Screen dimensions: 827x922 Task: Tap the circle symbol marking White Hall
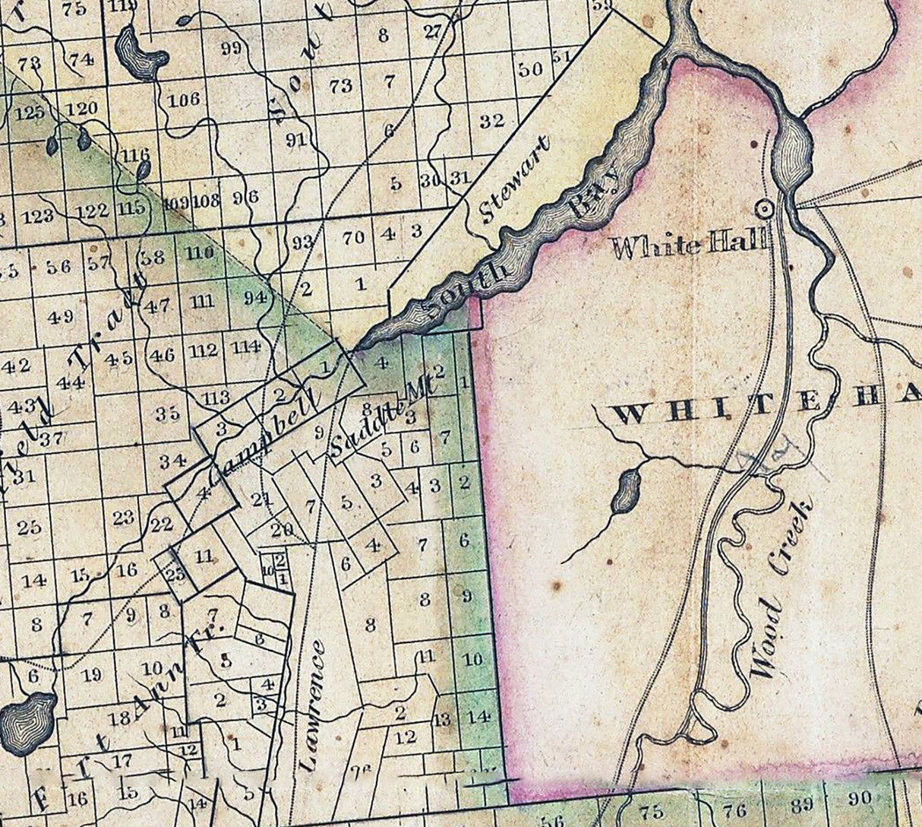pyautogui.click(x=765, y=208)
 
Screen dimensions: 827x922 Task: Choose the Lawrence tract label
pyautogui.click(x=314, y=706)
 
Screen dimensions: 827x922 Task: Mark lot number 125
pyautogui.click(x=30, y=113)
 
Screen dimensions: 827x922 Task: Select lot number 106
pyautogui.click(x=184, y=100)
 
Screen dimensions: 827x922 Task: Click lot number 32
pyautogui.click(x=492, y=120)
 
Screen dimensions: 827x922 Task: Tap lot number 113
pyautogui.click(x=216, y=396)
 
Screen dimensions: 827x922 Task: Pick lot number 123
pyautogui.click(x=37, y=216)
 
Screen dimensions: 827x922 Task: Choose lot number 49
pyautogui.click(x=61, y=317)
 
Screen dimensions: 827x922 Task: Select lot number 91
pyautogui.click(x=296, y=139)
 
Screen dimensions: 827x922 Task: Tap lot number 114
pyautogui.click(x=246, y=347)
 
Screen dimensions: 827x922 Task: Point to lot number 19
pyautogui.click(x=92, y=674)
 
